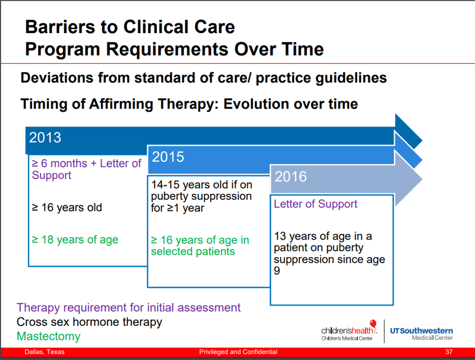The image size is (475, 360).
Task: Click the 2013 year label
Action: coord(45,137)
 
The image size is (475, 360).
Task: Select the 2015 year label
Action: coord(168,157)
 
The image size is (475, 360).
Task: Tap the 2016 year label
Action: coord(290,176)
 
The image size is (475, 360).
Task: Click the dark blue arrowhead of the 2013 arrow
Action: coord(408,133)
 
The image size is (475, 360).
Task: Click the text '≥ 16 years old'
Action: coord(67,208)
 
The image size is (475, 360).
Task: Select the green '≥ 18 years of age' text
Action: coord(75,240)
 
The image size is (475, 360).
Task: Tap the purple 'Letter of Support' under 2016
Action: coord(316,204)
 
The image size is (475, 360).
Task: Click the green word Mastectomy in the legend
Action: coord(48,336)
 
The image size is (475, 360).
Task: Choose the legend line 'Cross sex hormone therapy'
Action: coord(89,322)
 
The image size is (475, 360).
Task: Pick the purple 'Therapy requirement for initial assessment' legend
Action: coord(129,307)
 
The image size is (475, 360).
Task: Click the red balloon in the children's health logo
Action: coord(373,323)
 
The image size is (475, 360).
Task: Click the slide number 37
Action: coord(449,352)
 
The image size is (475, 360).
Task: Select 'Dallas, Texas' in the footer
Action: coord(44,352)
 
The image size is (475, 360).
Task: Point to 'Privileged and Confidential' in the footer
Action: coord(238,352)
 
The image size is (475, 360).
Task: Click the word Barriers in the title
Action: coord(60,27)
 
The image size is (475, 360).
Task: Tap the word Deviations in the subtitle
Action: coord(57,78)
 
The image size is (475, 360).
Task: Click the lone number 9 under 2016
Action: coord(277,271)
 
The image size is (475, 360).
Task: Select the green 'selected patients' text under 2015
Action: coord(193,251)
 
